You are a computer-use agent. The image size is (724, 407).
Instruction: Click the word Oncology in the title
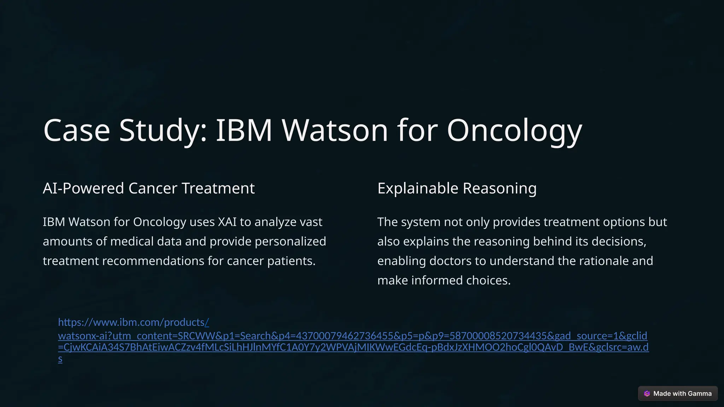(x=514, y=130)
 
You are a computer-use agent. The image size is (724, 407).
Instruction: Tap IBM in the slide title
(x=244, y=130)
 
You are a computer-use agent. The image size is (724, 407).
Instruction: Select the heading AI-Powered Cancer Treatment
(x=148, y=188)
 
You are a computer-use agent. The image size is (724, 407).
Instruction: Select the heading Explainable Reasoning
(x=457, y=188)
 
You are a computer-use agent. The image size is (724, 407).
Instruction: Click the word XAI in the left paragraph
(x=227, y=222)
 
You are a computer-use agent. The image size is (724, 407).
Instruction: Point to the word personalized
(x=290, y=242)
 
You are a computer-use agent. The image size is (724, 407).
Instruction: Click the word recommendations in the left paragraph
(x=153, y=261)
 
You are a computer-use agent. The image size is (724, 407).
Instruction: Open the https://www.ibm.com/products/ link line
(x=133, y=322)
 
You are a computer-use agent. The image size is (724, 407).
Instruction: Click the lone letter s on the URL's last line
(x=60, y=359)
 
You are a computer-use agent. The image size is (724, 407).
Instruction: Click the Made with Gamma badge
(x=678, y=394)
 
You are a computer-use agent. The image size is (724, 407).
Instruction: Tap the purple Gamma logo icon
(x=647, y=394)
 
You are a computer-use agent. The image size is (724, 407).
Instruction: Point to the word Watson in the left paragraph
(x=89, y=222)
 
